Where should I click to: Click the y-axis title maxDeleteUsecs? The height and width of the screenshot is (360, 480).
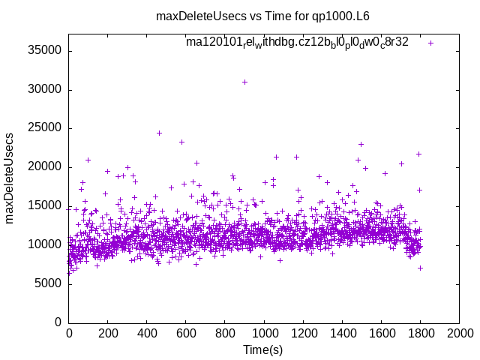(10, 178)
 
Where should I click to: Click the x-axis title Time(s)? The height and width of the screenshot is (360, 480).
(264, 349)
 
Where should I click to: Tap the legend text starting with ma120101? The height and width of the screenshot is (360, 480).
(297, 42)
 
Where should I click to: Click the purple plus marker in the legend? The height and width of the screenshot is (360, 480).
(430, 43)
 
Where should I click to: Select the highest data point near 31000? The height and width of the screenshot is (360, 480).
(244, 82)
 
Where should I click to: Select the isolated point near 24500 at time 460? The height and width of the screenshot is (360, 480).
(159, 133)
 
